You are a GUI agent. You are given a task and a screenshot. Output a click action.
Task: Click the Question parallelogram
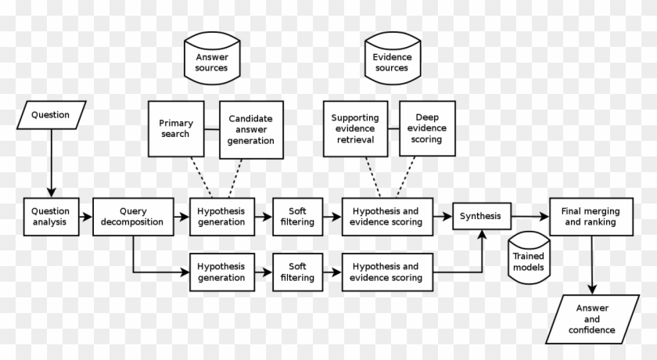click(x=51, y=116)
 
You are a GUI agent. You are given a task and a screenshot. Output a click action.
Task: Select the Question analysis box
click(x=50, y=216)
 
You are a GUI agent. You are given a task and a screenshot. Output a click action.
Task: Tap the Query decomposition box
click(x=134, y=216)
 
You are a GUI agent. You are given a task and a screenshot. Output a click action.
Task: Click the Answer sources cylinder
click(x=212, y=60)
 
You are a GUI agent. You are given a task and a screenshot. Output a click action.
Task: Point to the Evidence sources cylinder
click(x=392, y=60)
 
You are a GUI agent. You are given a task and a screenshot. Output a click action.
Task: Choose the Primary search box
click(x=174, y=128)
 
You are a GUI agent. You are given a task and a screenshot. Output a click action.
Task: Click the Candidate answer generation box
click(x=251, y=128)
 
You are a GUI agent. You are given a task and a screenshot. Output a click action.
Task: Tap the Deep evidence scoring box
click(x=426, y=128)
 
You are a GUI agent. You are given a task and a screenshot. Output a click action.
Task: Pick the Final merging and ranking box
click(x=590, y=216)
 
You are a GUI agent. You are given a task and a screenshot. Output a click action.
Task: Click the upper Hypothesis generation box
click(x=221, y=216)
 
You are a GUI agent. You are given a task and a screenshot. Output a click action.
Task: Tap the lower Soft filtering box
click(x=297, y=272)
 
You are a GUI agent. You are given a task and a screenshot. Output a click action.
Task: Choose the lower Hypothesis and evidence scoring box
click(x=385, y=272)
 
